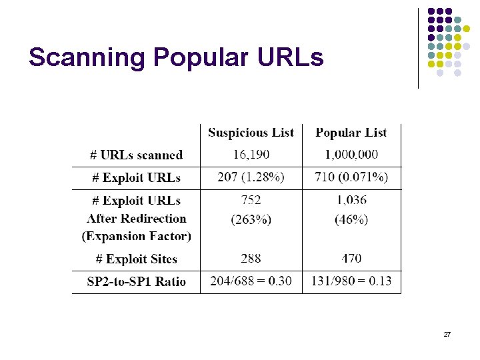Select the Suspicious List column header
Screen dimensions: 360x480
251,133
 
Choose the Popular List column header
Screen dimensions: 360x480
351,133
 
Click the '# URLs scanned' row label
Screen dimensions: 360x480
137,155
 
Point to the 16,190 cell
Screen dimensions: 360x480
251,155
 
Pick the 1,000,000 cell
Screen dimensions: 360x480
351,155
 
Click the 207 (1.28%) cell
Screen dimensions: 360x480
251,177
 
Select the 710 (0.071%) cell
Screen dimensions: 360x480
351,177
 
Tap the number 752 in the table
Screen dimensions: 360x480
251,200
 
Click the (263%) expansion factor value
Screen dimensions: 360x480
251,219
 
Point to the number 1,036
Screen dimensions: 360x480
351,200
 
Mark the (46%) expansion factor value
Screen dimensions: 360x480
351,219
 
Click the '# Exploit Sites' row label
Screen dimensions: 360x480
135,259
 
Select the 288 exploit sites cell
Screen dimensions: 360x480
251,259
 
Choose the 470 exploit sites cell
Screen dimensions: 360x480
351,259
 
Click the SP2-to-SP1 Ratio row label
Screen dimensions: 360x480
137,281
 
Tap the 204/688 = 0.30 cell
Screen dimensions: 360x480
251,281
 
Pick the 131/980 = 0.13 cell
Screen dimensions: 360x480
351,281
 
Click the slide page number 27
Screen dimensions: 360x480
447,333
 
